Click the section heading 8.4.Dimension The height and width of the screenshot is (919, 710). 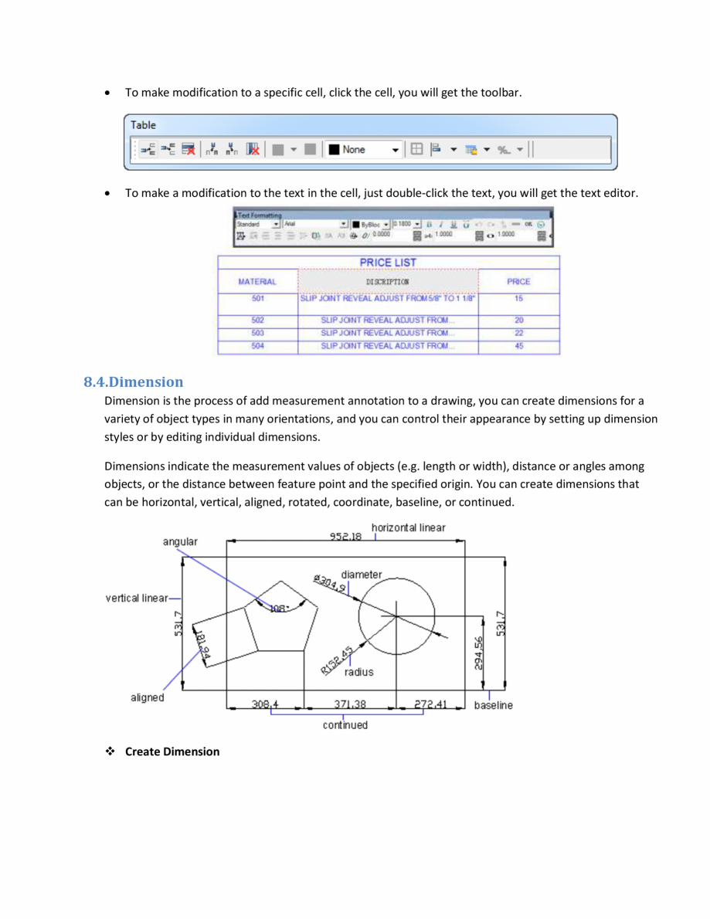coord(133,382)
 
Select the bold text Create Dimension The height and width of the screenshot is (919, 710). coord(172,751)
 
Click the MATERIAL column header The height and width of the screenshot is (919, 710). coord(258,282)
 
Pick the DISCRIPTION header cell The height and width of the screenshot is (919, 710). coord(388,282)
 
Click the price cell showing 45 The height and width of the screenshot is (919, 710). coord(519,347)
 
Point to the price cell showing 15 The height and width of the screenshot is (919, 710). coord(519,299)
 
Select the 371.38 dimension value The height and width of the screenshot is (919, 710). coord(349,704)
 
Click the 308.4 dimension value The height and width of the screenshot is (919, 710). coord(265,704)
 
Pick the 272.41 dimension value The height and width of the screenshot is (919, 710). coord(430,704)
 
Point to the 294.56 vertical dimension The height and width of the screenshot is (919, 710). coord(479,653)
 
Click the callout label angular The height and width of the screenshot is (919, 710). coord(179,541)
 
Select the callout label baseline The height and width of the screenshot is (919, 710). coord(493,705)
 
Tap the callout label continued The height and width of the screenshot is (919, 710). coord(345,725)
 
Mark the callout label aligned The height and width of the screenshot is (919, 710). coord(147,697)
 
